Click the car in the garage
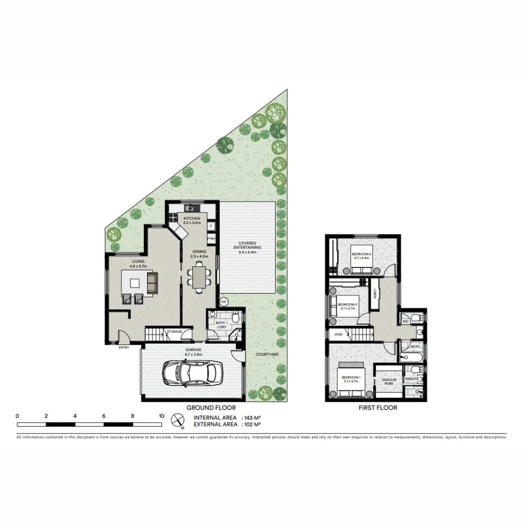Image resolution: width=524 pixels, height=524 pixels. coord(190,374)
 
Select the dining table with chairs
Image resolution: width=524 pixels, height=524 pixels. coord(199,278)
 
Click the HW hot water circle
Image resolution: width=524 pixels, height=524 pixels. coord(224,302)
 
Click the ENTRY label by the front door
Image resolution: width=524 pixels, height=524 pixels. coord(124,347)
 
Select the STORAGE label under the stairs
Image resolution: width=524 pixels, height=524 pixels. coord(174,332)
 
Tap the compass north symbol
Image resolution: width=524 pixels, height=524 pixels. coord(179,420)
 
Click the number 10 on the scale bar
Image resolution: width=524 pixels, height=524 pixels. coord(161,416)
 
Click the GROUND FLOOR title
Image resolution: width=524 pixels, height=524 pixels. coord(211,408)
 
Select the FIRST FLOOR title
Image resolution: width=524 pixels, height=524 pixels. coord(377,408)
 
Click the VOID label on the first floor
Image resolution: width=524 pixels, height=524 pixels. coord(338,334)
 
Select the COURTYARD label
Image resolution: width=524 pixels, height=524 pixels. coord(267,355)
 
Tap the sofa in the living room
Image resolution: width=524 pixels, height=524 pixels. coord(152,283)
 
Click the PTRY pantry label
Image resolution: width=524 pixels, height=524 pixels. coord(211,239)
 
